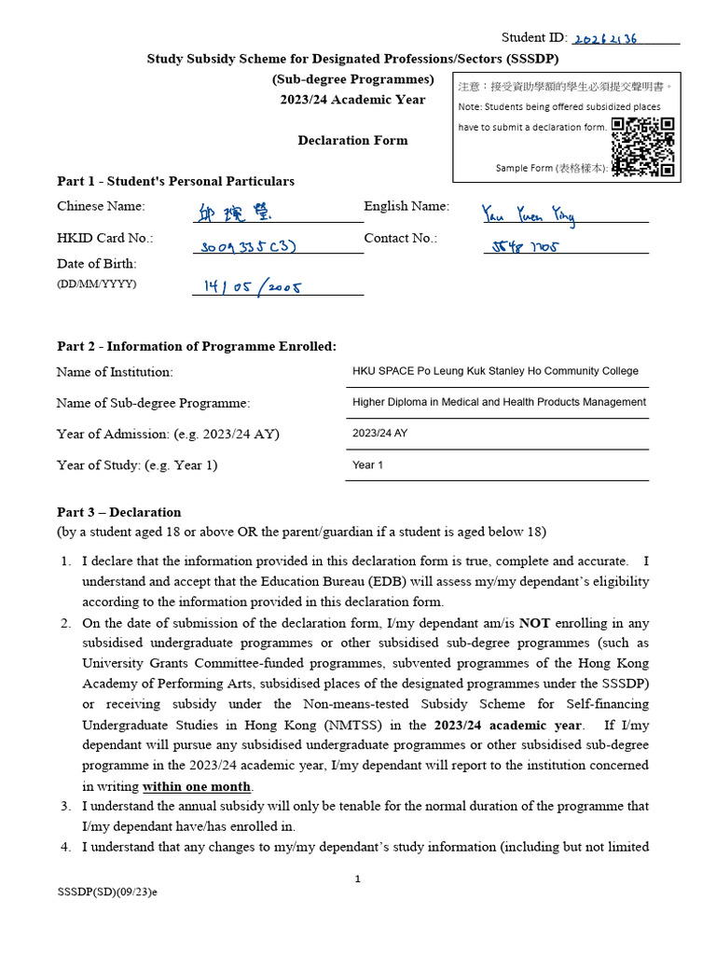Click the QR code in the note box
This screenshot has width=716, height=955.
[643, 147]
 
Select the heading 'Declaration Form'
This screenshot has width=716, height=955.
[352, 141]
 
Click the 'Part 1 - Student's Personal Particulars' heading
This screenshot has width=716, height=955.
[175, 181]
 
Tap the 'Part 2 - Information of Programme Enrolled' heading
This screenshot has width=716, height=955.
[197, 346]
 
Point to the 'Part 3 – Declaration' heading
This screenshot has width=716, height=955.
[119, 512]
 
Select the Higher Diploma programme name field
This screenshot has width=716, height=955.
[499, 402]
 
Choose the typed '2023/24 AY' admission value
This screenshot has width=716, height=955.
[379, 434]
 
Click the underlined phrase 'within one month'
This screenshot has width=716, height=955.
[197, 786]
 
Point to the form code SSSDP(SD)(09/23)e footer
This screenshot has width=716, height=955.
[107, 893]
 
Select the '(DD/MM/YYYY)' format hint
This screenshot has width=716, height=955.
[96, 284]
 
